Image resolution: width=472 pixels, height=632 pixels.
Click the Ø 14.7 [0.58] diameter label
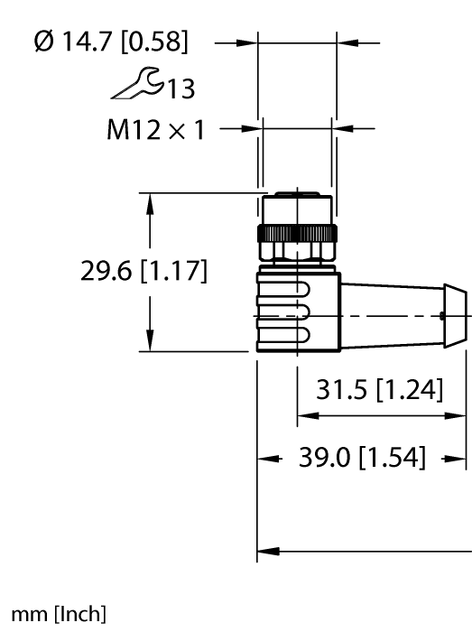click(x=111, y=42)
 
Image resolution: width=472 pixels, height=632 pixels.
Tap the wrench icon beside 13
click(x=137, y=84)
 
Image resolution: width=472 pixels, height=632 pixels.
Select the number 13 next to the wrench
click(x=180, y=88)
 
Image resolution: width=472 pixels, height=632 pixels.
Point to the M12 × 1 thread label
click(x=155, y=130)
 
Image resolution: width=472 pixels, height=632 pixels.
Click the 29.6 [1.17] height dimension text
click(x=143, y=271)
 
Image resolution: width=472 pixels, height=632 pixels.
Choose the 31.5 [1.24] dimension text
click(x=379, y=389)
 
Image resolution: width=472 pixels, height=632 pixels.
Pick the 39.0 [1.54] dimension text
click(x=362, y=457)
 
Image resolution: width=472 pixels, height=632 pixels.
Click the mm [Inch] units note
click(x=59, y=614)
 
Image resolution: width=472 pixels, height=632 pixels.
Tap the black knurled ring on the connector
click(x=297, y=233)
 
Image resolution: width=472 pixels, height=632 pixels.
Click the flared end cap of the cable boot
click(x=456, y=316)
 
